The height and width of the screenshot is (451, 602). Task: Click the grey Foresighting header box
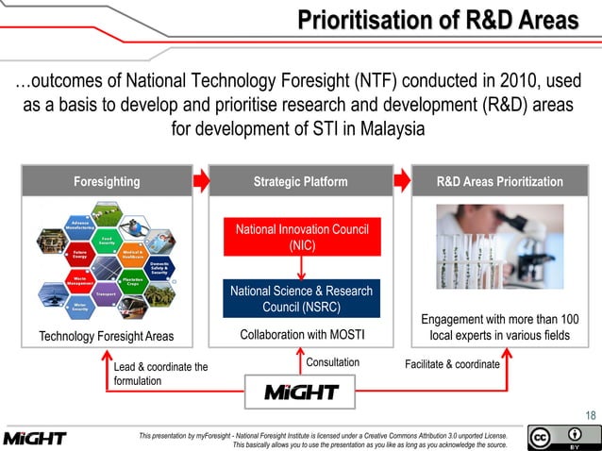click(x=107, y=181)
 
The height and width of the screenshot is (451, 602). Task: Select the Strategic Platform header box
click(x=300, y=181)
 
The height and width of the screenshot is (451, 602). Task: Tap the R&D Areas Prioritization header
click(x=500, y=181)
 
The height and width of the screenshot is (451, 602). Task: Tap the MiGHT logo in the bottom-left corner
click(x=35, y=439)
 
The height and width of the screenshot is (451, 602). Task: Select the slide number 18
click(x=590, y=415)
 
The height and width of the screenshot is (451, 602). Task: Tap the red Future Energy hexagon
click(x=80, y=254)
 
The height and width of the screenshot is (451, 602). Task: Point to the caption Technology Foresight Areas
click(x=106, y=337)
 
